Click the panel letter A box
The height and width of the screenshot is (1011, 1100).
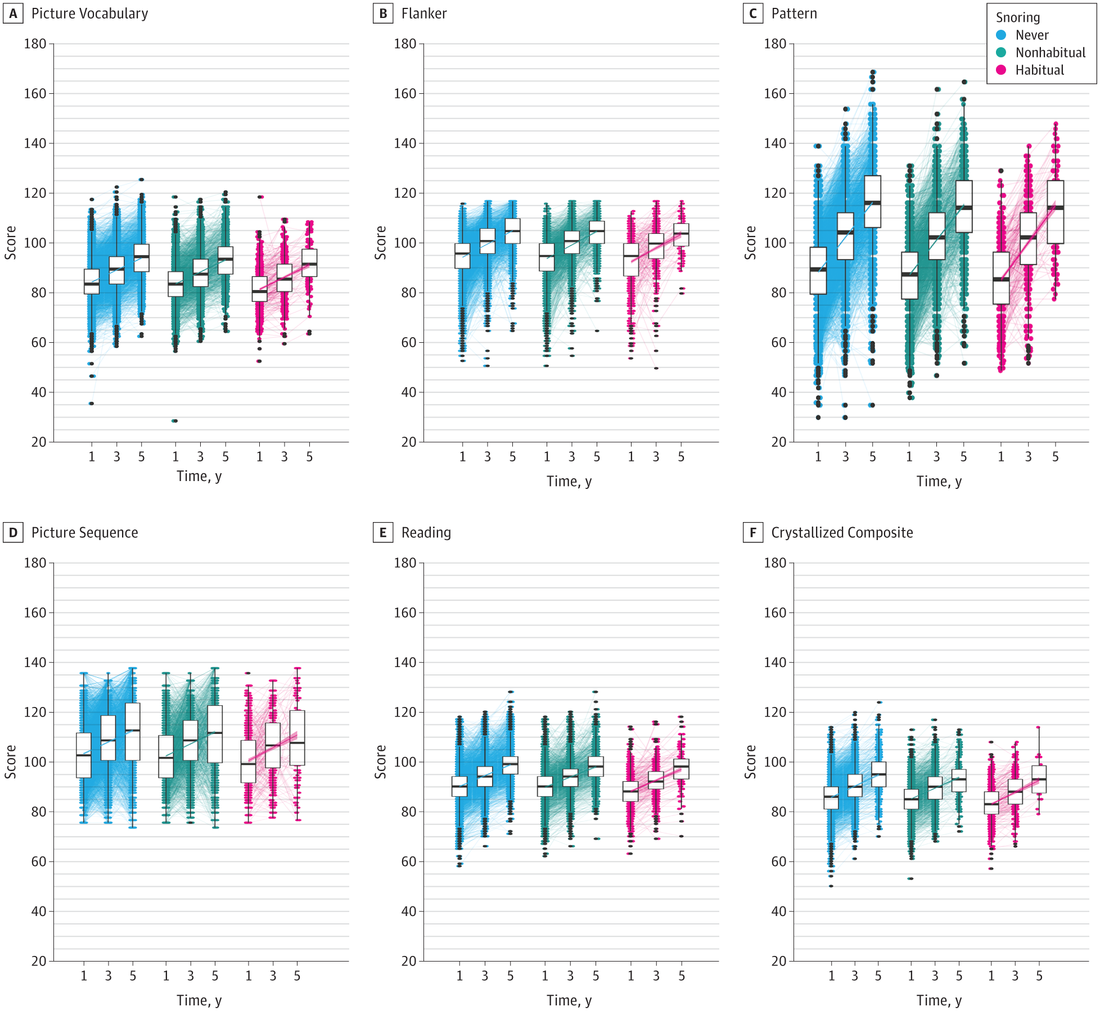pyautogui.click(x=13, y=13)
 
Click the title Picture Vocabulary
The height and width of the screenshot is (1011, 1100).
pyautogui.click(x=89, y=13)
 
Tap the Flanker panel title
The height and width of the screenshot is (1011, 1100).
pyautogui.click(x=423, y=13)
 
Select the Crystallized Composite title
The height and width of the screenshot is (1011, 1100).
pyautogui.click(x=841, y=532)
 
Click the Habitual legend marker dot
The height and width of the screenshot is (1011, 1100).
pyautogui.click(x=1001, y=70)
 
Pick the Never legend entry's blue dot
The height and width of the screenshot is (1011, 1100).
pyautogui.click(x=1001, y=35)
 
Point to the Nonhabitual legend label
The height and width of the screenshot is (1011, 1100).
pyautogui.click(x=1050, y=52)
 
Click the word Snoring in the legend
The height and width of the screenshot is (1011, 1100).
pyautogui.click(x=1017, y=17)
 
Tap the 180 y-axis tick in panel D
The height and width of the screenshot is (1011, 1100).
pyautogui.click(x=35, y=563)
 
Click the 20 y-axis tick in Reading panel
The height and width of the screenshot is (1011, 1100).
pyautogui.click(x=408, y=961)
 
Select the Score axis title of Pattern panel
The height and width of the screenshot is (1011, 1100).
pyautogui.click(x=750, y=243)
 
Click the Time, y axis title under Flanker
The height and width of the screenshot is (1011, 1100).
pyautogui.click(x=569, y=481)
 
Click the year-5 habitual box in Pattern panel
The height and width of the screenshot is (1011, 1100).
pyautogui.click(x=1055, y=211)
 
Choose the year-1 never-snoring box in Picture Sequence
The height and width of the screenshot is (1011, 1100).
pyautogui.click(x=84, y=755)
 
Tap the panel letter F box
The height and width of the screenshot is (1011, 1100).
pyautogui.click(x=752, y=532)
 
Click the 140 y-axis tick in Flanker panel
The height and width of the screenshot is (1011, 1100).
pyautogui.click(x=405, y=143)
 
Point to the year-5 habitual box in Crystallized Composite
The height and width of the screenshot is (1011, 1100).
pyautogui.click(x=1039, y=779)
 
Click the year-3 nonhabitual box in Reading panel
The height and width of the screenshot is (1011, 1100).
pyautogui.click(x=570, y=777)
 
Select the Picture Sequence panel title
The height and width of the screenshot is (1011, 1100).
pyautogui.click(x=84, y=532)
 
